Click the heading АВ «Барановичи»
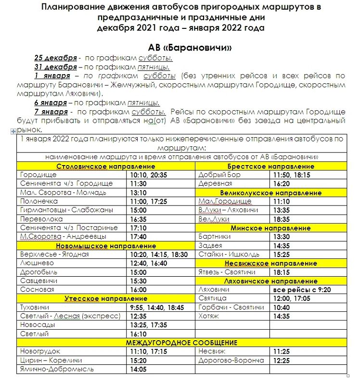tap(192, 48)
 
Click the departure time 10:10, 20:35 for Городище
tap(149, 175)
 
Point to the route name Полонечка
tap(39, 201)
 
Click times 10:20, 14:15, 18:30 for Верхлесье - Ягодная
tap(159, 255)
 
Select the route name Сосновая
tap(37, 290)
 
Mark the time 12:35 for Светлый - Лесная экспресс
tap(138, 316)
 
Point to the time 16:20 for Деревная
tap(282, 184)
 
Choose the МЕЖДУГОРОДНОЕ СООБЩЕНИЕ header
tap(181, 343)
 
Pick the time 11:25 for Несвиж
tap(282, 352)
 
